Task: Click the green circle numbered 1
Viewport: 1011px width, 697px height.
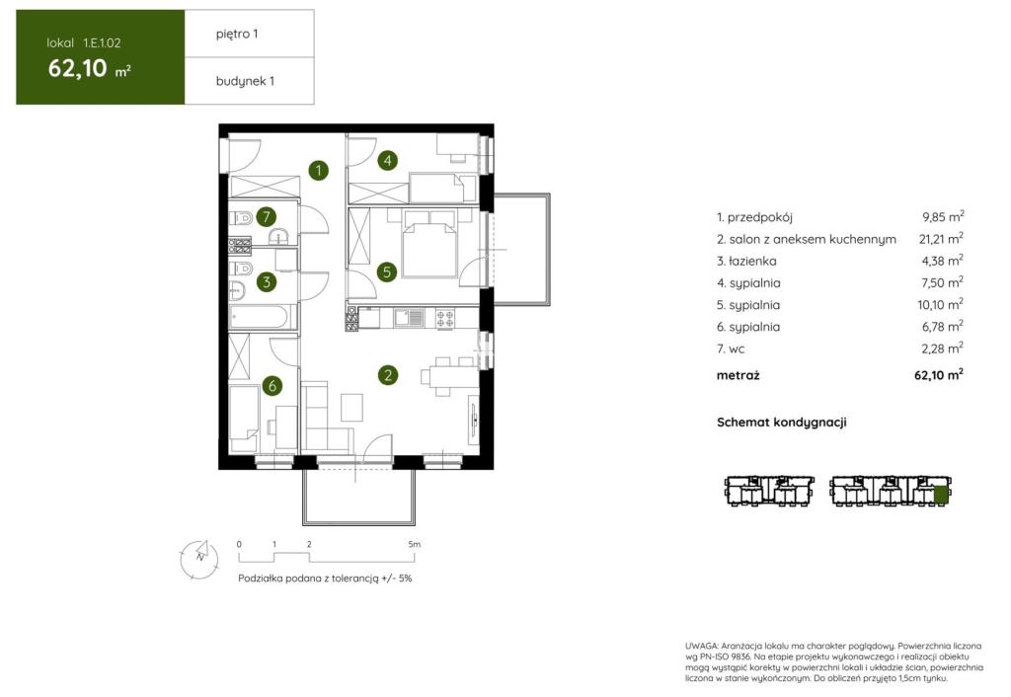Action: click(x=318, y=171)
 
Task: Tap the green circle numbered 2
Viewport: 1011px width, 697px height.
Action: click(x=387, y=375)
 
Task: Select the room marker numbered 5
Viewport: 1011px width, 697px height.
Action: click(x=387, y=272)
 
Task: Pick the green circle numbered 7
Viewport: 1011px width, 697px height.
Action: click(x=267, y=216)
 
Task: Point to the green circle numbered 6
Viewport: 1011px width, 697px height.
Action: click(x=272, y=386)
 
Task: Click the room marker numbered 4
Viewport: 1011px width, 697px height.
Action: click(x=387, y=161)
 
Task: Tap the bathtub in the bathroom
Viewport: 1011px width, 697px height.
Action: click(x=260, y=317)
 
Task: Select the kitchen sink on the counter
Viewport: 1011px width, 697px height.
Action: click(x=409, y=318)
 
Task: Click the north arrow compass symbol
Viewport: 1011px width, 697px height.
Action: click(x=199, y=559)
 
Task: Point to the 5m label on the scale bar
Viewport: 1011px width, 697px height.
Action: click(x=414, y=544)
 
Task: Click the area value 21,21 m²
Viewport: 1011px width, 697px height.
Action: click(x=941, y=239)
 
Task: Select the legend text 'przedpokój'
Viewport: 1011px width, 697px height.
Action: click(x=759, y=217)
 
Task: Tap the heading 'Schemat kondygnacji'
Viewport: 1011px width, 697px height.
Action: click(x=782, y=423)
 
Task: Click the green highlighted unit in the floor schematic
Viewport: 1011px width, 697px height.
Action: click(x=941, y=495)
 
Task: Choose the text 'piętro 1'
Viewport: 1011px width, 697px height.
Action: click(x=237, y=35)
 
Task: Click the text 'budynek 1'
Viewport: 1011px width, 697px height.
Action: click(x=245, y=81)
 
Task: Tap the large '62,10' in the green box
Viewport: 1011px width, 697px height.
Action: click(x=77, y=68)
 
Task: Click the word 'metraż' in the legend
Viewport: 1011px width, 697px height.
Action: click(x=738, y=375)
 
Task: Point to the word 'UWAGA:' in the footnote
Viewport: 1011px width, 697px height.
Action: click(x=701, y=646)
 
